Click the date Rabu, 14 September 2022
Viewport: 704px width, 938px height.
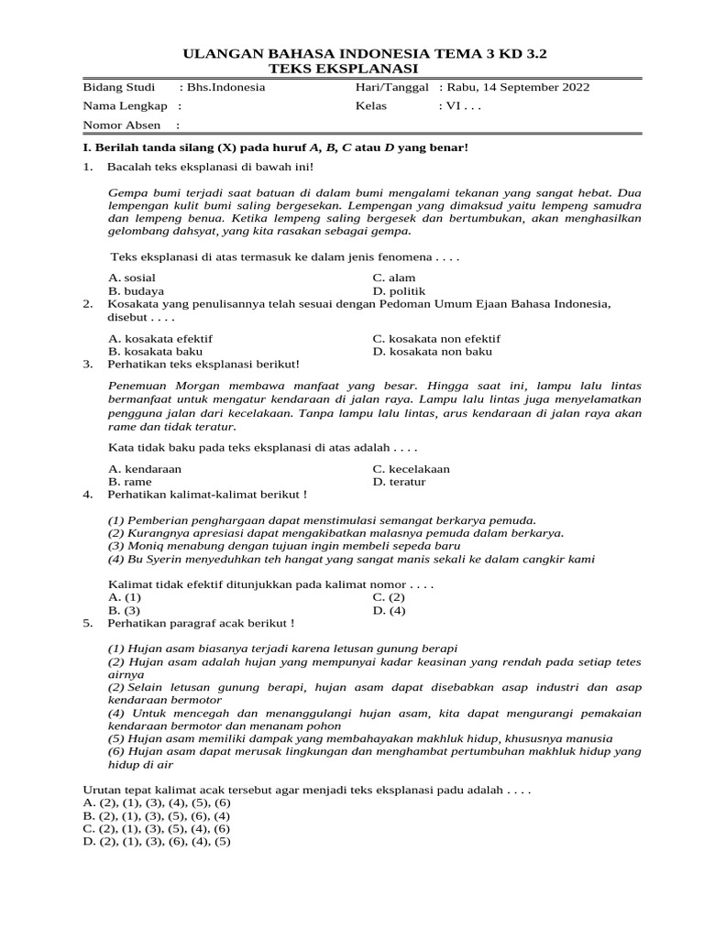[x=520, y=88]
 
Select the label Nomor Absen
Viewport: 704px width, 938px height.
[x=122, y=125]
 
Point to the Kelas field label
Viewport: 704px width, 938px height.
[x=371, y=106]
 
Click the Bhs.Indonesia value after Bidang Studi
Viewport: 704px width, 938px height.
[x=225, y=88]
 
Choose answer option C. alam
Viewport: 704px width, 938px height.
[x=393, y=278]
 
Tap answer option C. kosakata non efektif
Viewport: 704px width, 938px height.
[x=436, y=338]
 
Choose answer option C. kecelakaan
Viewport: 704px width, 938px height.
[x=411, y=468]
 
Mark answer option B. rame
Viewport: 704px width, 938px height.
[x=130, y=481]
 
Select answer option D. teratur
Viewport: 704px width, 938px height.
[x=399, y=481]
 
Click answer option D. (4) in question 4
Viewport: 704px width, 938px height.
[x=389, y=610]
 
